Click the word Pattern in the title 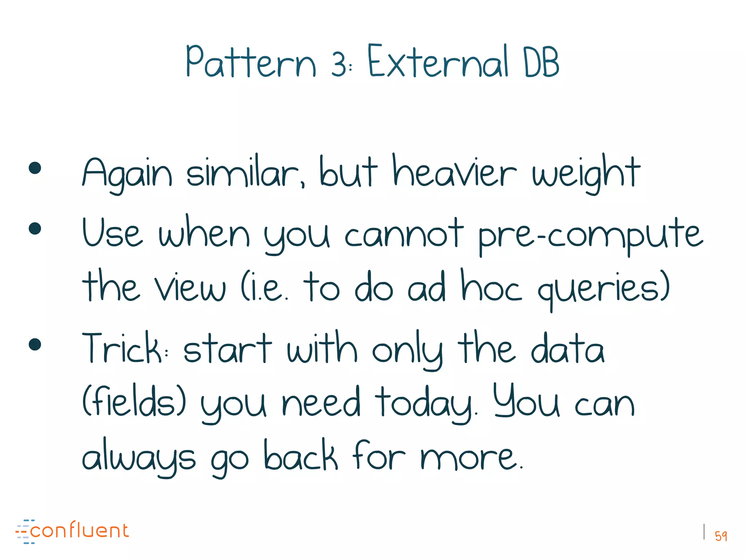point(251,62)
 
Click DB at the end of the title point(541,63)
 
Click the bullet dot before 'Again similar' point(35,168)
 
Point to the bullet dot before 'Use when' point(35,229)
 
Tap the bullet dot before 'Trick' point(35,344)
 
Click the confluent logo point(72,531)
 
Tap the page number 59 point(721,536)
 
